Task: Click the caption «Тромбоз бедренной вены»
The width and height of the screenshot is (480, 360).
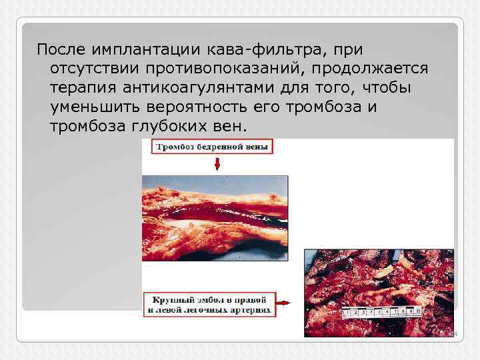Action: [x=213, y=147]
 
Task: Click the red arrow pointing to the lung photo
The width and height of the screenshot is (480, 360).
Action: [x=283, y=303]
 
